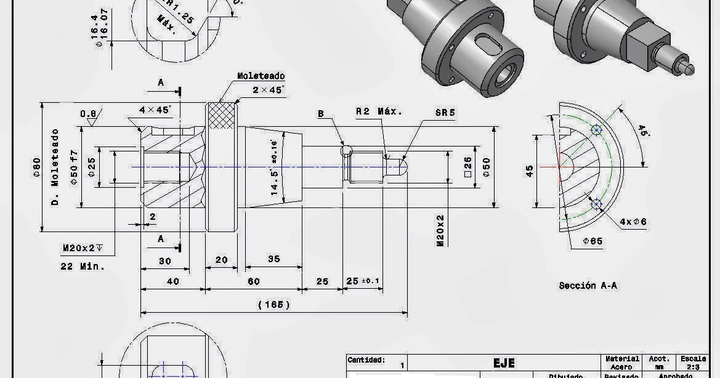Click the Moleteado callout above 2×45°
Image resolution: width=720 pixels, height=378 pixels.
point(261,76)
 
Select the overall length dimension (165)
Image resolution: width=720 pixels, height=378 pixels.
point(273,304)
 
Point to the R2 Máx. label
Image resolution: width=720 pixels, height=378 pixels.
point(379,111)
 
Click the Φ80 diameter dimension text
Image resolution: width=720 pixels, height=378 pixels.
point(36,167)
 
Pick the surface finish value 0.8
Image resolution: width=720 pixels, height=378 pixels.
point(88,114)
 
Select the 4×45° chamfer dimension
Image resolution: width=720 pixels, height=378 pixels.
point(155,110)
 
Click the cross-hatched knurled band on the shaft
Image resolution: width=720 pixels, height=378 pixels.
point(221,116)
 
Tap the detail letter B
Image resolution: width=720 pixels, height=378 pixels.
point(321,114)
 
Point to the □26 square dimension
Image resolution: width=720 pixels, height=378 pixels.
point(467,167)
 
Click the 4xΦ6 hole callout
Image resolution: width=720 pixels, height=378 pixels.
point(633,221)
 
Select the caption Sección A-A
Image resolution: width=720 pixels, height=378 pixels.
point(588,286)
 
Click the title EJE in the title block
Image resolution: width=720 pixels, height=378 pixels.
point(503,363)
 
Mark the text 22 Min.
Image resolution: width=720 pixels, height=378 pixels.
point(83,267)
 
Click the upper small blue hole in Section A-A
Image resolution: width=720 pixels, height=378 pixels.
point(596,130)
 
